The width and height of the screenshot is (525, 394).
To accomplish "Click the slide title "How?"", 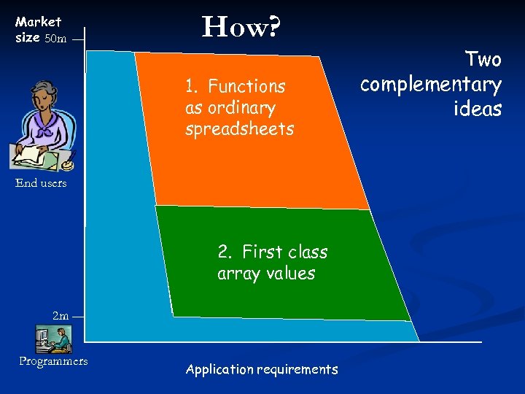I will tap(241, 28).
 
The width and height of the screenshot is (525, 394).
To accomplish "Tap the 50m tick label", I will tap(55, 39).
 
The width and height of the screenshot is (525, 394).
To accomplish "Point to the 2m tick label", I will tap(61, 316).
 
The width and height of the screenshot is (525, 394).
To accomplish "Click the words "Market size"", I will tap(38, 29).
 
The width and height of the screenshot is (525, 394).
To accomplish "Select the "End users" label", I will tap(41, 183).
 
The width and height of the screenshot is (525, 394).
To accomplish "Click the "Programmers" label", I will tap(53, 361).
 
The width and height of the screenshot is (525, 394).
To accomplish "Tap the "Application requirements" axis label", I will tap(262, 369).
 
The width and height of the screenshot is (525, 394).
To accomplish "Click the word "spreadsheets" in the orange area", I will tap(239, 130).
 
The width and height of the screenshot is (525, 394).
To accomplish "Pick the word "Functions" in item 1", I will tap(246, 86).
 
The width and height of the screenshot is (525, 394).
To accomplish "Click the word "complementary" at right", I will tap(431, 85).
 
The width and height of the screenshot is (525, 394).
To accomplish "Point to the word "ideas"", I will tap(478, 109).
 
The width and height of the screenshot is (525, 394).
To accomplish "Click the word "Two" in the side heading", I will tap(483, 59).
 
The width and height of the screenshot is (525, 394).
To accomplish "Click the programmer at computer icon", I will tap(53, 339).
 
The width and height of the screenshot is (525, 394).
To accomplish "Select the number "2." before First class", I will tap(226, 252).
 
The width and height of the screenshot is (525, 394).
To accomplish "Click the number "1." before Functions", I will tap(192, 86).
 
